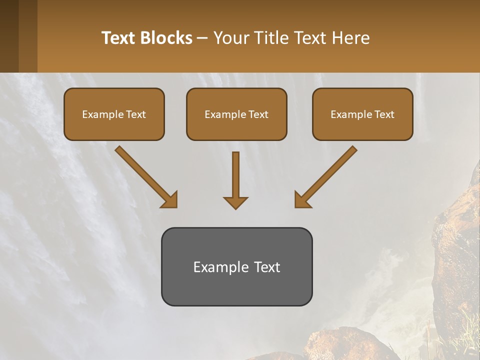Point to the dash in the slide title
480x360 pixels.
click(x=202, y=38)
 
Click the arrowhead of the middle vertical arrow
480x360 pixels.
click(x=235, y=202)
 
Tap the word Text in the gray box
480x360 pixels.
click(x=266, y=267)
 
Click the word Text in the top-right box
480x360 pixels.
click(x=384, y=114)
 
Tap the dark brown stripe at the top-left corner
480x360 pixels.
click(x=9, y=36)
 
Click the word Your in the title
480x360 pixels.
click(x=230, y=38)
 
